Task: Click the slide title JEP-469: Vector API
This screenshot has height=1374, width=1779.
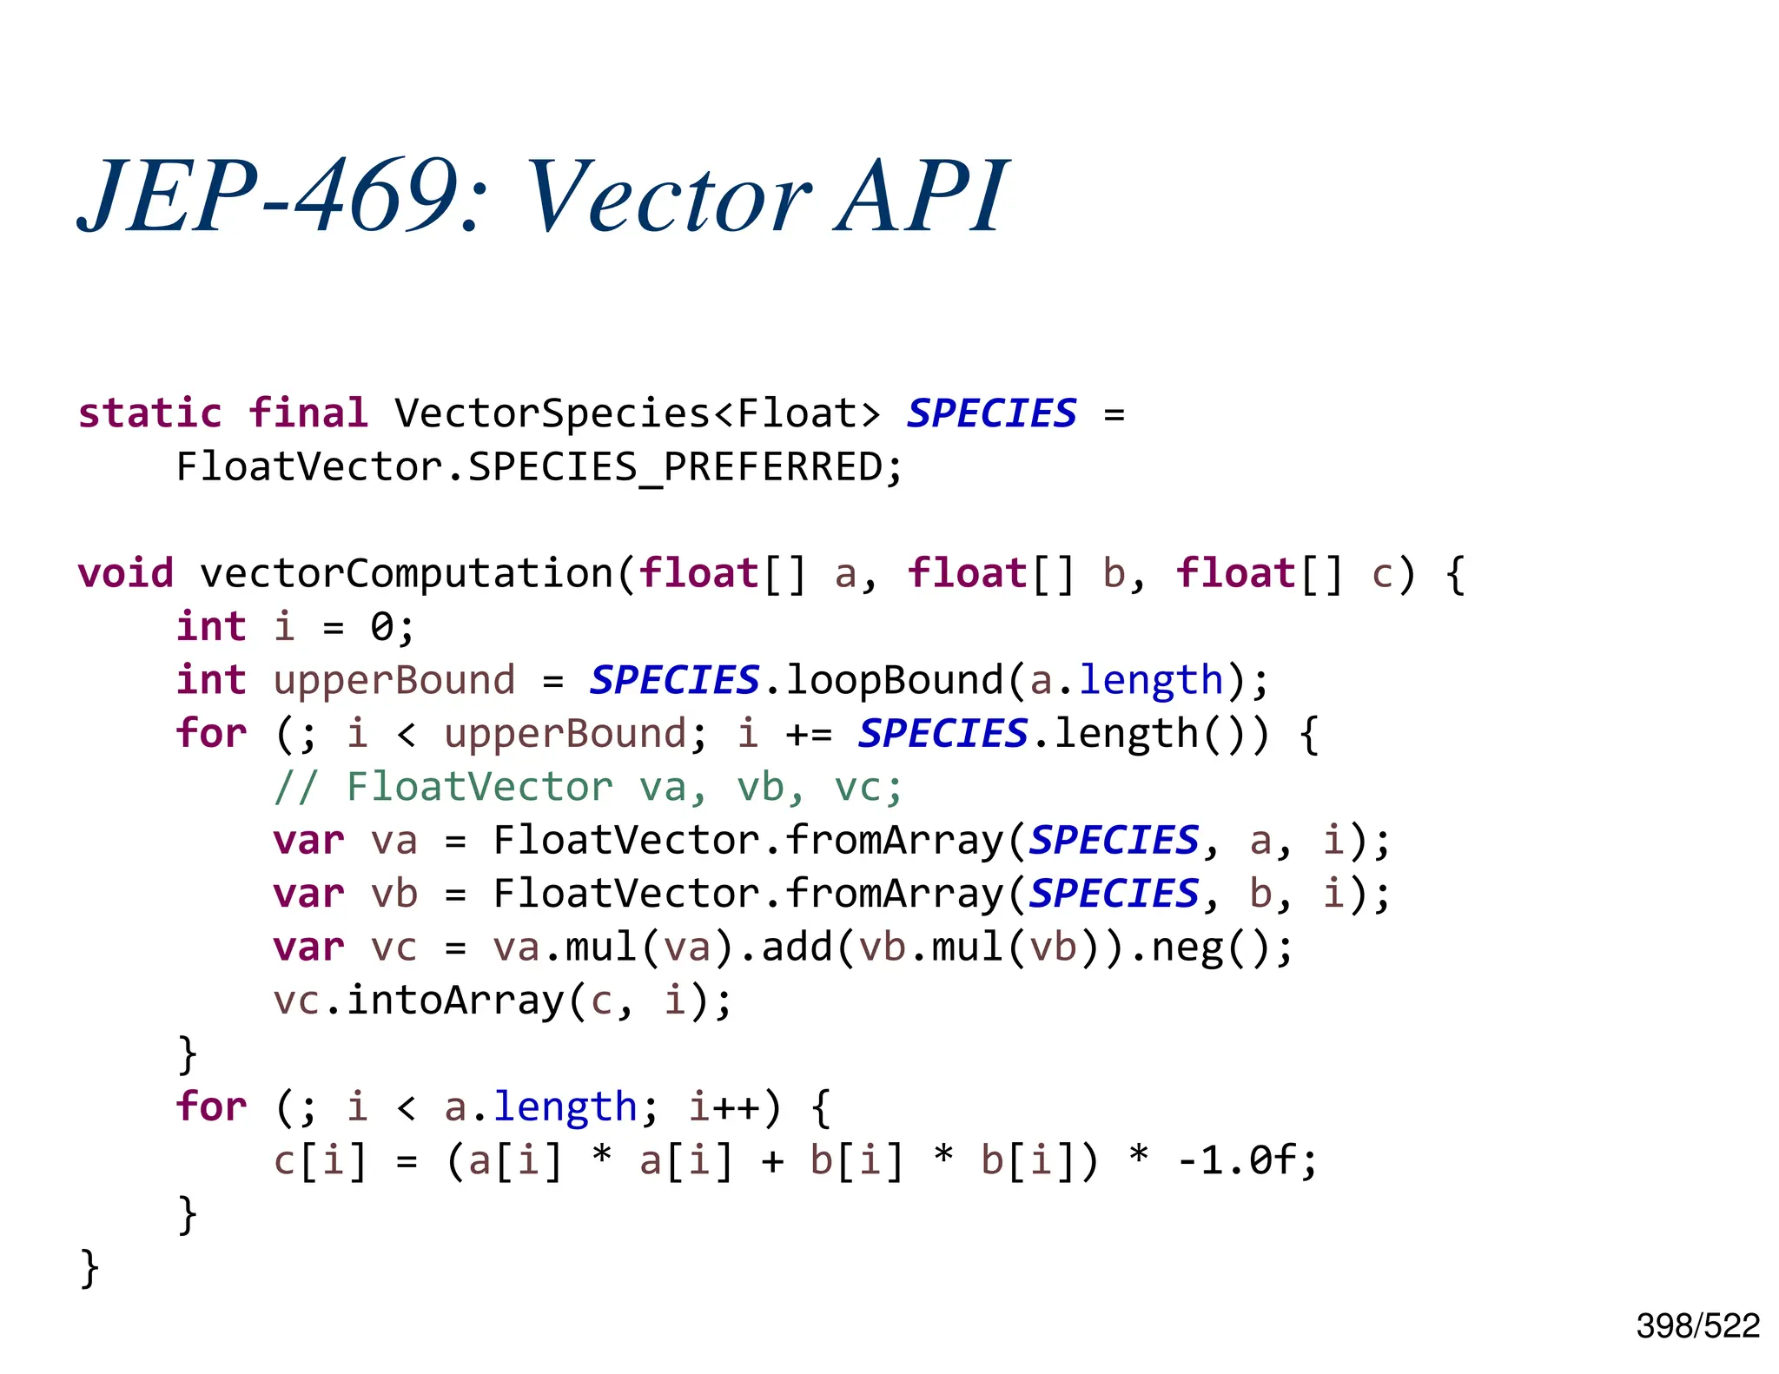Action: (543, 196)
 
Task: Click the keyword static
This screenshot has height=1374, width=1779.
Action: (149, 413)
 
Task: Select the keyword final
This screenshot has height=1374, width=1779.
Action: (308, 413)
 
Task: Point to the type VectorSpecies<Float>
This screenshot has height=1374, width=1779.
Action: (637, 413)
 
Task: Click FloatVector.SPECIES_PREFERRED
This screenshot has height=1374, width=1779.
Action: (539, 467)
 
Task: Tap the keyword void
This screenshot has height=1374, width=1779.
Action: (125, 573)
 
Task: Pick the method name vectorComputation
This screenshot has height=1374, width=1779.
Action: (407, 573)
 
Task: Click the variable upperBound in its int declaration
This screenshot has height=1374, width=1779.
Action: (393, 680)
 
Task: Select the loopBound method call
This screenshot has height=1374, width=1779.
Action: (894, 680)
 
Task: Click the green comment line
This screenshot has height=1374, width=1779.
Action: (588, 787)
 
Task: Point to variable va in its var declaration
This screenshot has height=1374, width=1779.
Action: (393, 841)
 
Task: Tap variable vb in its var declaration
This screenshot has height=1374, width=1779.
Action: (393, 894)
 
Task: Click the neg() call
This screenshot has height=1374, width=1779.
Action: (1212, 947)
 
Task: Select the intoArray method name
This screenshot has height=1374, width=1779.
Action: (454, 1001)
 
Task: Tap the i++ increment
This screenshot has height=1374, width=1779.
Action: (723, 1107)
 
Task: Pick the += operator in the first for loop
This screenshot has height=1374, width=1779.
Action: (808, 735)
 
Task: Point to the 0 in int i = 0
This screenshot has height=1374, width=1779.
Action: (381, 627)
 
